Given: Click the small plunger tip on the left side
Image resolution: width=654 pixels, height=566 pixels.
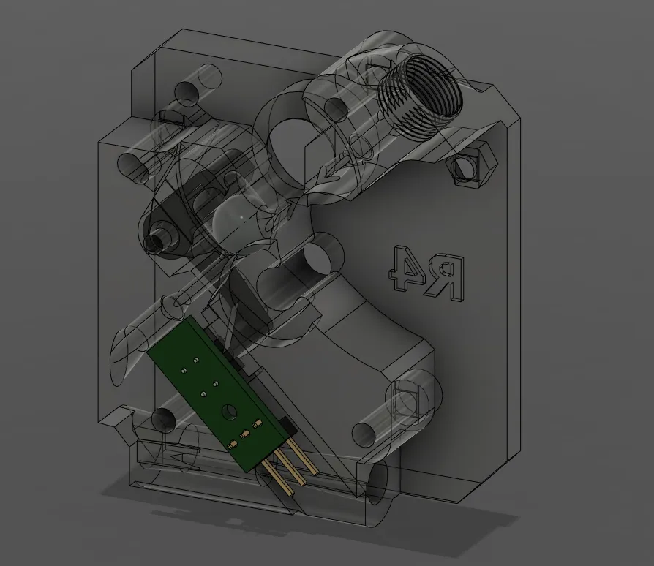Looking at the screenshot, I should tap(155, 242).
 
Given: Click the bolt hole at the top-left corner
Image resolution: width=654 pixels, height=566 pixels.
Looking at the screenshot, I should tap(187, 91).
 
